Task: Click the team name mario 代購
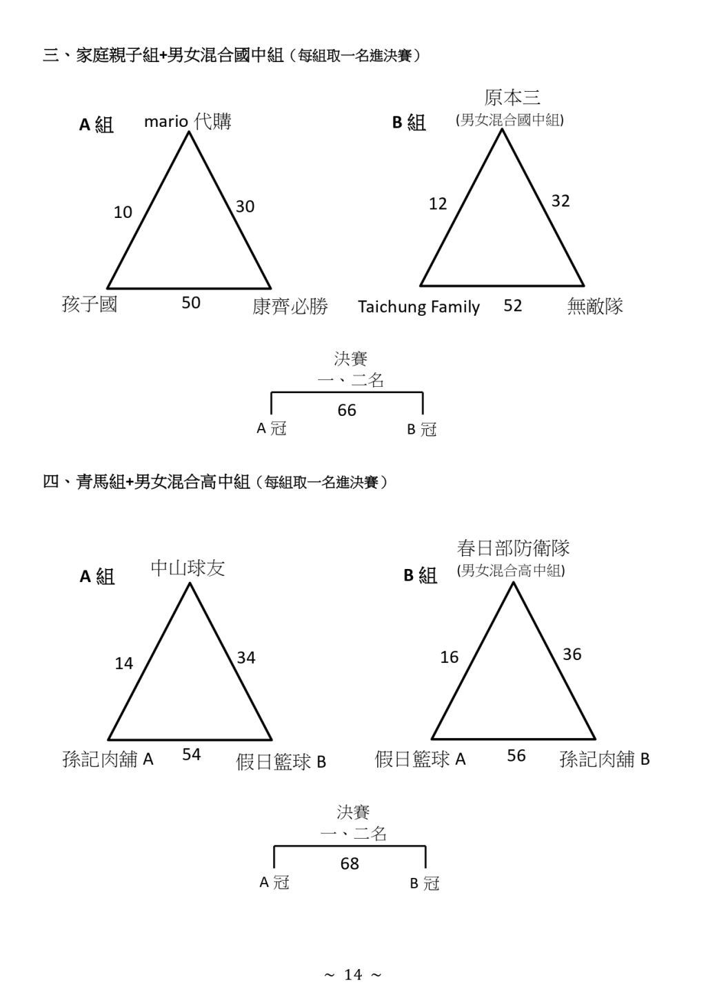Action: (x=188, y=121)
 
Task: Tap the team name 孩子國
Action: (x=90, y=305)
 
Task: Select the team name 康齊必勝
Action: (x=290, y=306)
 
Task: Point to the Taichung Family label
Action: (x=418, y=307)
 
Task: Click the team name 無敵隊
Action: (x=595, y=306)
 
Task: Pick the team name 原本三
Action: (x=512, y=97)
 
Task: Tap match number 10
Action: (x=123, y=212)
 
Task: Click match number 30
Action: (x=245, y=206)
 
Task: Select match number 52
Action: (x=513, y=305)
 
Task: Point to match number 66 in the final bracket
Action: (x=347, y=410)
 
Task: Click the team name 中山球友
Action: (x=188, y=568)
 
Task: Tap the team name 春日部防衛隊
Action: (x=513, y=548)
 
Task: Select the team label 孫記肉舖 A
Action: (x=108, y=759)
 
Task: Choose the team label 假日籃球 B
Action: (x=281, y=762)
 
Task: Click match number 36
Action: (x=572, y=654)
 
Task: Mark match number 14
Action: (x=124, y=663)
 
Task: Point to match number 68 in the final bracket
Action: (x=350, y=864)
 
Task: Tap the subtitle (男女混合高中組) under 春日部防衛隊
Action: (x=511, y=571)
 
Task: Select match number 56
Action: (x=516, y=755)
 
